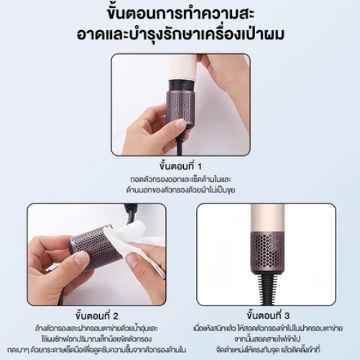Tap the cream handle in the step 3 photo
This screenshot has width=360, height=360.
pos(264,216)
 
